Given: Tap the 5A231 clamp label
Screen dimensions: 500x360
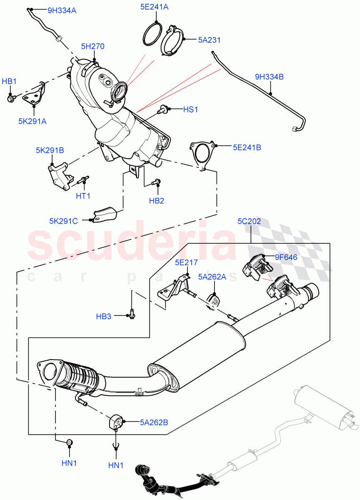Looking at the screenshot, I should [209, 40].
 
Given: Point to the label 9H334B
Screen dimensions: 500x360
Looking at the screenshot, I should [270, 77].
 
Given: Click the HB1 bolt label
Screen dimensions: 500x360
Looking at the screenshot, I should [9, 81].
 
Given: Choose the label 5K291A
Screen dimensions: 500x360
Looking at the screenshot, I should [32, 121].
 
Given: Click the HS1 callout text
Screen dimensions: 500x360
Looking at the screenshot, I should [190, 110].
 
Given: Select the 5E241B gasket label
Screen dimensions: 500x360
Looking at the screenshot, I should [247, 147].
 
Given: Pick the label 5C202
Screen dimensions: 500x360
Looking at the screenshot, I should [249, 221].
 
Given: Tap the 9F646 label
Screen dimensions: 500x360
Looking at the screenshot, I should [286, 257].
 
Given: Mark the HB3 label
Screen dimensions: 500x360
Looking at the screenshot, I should [103, 316].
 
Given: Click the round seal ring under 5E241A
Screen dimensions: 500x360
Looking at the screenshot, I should [153, 34].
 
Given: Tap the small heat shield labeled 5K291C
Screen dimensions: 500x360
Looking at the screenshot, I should [104, 215].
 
